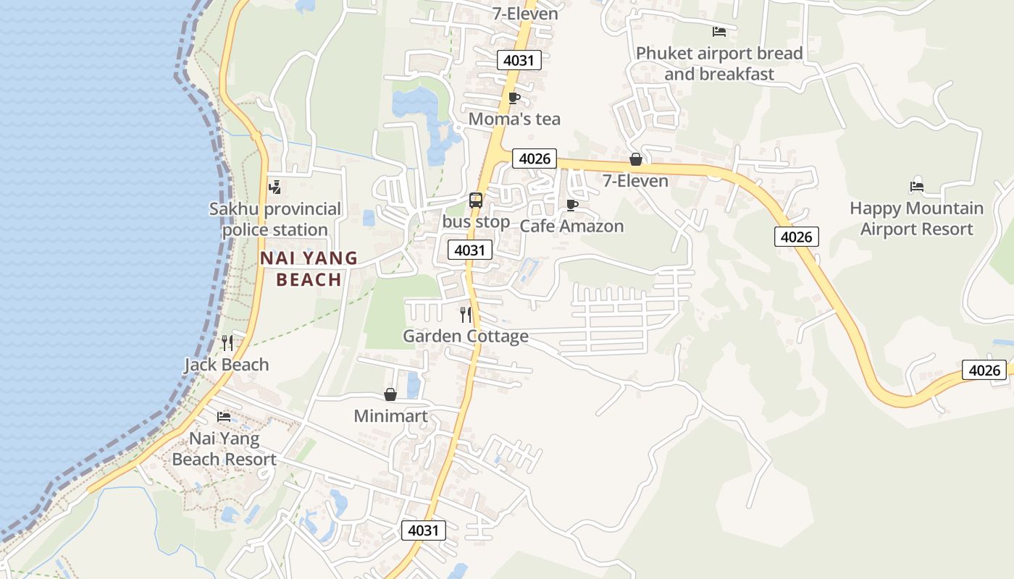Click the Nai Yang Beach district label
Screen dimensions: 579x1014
pyautogui.click(x=309, y=269)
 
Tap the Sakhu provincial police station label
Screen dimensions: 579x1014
pyautogui.click(x=275, y=219)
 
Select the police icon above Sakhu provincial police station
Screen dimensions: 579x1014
pyautogui.click(x=275, y=187)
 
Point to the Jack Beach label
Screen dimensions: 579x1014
pyautogui.click(x=227, y=365)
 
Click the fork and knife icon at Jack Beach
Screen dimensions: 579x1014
pyautogui.click(x=227, y=342)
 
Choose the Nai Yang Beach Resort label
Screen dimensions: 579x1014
pyautogui.click(x=224, y=449)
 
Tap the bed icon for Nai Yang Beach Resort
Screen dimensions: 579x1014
pyautogui.click(x=224, y=417)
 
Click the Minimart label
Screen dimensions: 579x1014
pyautogui.click(x=390, y=416)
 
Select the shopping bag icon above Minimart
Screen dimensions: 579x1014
pyautogui.click(x=390, y=394)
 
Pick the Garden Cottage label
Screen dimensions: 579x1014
pyautogui.click(x=466, y=337)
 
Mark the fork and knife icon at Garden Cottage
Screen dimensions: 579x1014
pyautogui.click(x=466, y=314)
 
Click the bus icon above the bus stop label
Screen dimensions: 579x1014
pyautogui.click(x=476, y=200)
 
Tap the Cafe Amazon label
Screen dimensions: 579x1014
pyautogui.click(x=571, y=226)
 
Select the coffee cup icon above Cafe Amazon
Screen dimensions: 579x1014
pyautogui.click(x=571, y=205)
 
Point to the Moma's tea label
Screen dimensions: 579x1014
pyautogui.click(x=514, y=119)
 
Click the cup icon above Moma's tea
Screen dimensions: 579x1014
pyautogui.click(x=514, y=98)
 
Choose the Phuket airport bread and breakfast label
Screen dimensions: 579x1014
pyautogui.click(x=719, y=64)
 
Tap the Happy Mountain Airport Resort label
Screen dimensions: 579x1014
pyautogui.click(x=916, y=219)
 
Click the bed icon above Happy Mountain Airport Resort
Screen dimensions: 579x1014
pyautogui.click(x=917, y=186)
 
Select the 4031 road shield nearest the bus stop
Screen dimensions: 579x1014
pyautogui.click(x=470, y=250)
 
